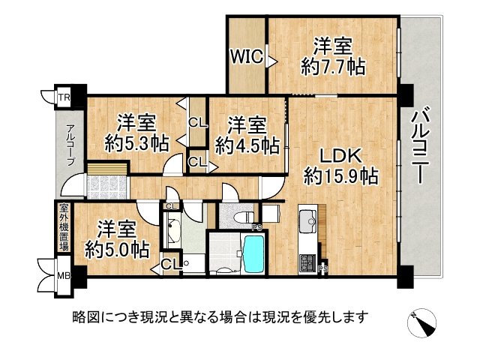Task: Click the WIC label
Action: [x=244, y=55]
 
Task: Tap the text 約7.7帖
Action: [x=334, y=67]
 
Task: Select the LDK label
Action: [x=341, y=156]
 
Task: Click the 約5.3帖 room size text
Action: [x=136, y=142]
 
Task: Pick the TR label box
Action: [x=64, y=97]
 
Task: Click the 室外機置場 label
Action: [x=64, y=228]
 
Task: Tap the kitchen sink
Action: [x=308, y=223]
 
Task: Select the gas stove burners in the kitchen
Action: [x=308, y=262]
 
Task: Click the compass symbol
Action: [x=423, y=323]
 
